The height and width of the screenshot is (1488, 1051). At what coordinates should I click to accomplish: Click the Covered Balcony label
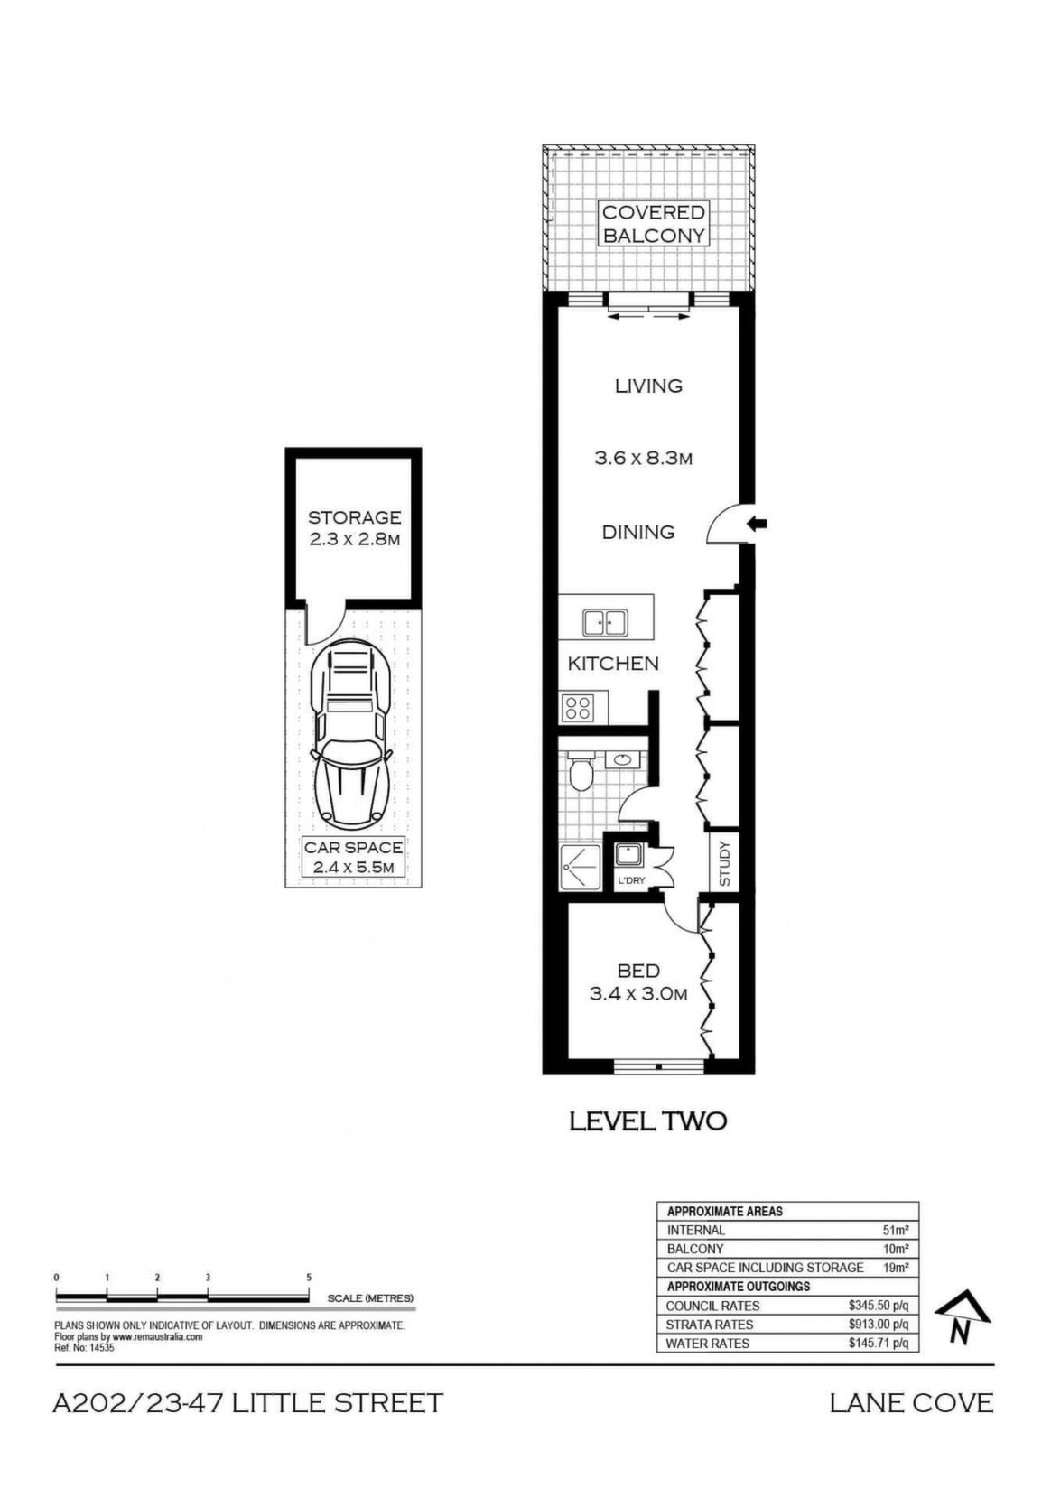(x=653, y=224)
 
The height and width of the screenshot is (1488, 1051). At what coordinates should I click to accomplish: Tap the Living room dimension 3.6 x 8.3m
(x=643, y=458)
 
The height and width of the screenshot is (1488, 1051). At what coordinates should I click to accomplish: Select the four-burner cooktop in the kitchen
(x=577, y=708)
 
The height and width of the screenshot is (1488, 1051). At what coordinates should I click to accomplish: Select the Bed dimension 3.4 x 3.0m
(x=637, y=994)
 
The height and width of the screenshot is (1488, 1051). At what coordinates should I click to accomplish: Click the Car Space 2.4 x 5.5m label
(x=353, y=857)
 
